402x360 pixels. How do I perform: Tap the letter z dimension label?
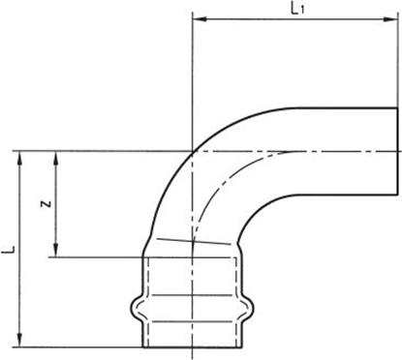(x=45, y=204)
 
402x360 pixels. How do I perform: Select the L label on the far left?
(x=8, y=249)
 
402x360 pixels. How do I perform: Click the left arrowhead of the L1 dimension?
(x=198, y=17)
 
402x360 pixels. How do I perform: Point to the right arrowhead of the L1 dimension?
(x=393, y=17)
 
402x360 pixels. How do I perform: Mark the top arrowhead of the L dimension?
(x=20, y=155)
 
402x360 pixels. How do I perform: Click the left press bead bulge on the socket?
(x=136, y=309)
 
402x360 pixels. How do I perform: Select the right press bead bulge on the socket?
(x=251, y=309)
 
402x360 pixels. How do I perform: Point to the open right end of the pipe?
(x=397, y=150)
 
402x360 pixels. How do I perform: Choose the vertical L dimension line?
(x=20, y=290)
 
